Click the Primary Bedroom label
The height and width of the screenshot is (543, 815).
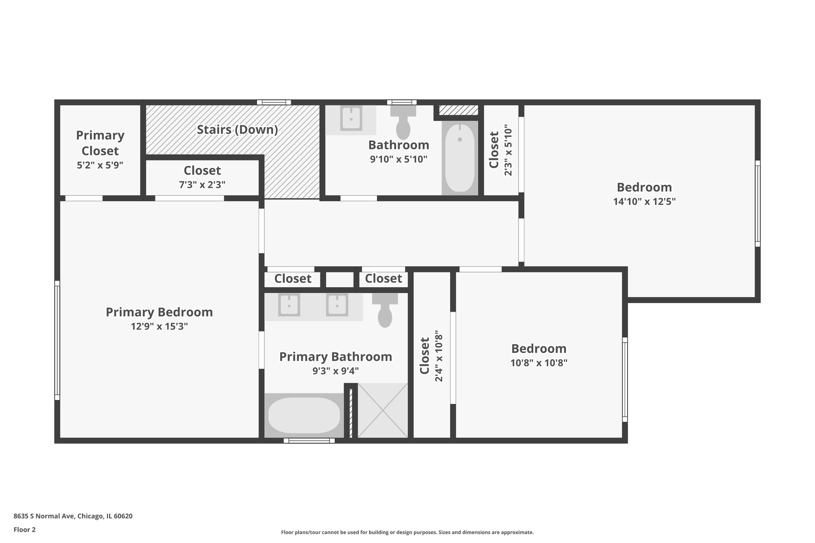[159, 312]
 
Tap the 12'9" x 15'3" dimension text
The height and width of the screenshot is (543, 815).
[159, 327]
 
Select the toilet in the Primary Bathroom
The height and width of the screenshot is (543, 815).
[385, 312]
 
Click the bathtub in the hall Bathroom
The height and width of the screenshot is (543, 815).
[460, 158]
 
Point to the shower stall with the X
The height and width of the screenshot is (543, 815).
[383, 411]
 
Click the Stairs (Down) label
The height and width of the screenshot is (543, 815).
[237, 130]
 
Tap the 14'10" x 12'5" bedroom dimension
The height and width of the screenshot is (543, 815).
[644, 202]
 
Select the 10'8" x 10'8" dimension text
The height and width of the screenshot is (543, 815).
[539, 363]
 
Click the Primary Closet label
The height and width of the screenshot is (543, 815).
[100, 143]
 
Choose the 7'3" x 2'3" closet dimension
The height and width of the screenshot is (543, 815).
[202, 185]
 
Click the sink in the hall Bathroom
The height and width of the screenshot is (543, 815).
[351, 118]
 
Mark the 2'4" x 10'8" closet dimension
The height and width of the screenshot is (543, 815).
[439, 356]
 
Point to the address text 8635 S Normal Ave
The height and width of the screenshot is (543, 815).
[73, 516]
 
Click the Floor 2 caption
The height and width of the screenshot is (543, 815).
[25, 529]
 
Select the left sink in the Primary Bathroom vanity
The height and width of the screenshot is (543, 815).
[289, 305]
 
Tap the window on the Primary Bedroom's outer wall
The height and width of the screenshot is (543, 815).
[57, 340]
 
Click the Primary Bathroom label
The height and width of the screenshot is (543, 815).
[335, 357]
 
